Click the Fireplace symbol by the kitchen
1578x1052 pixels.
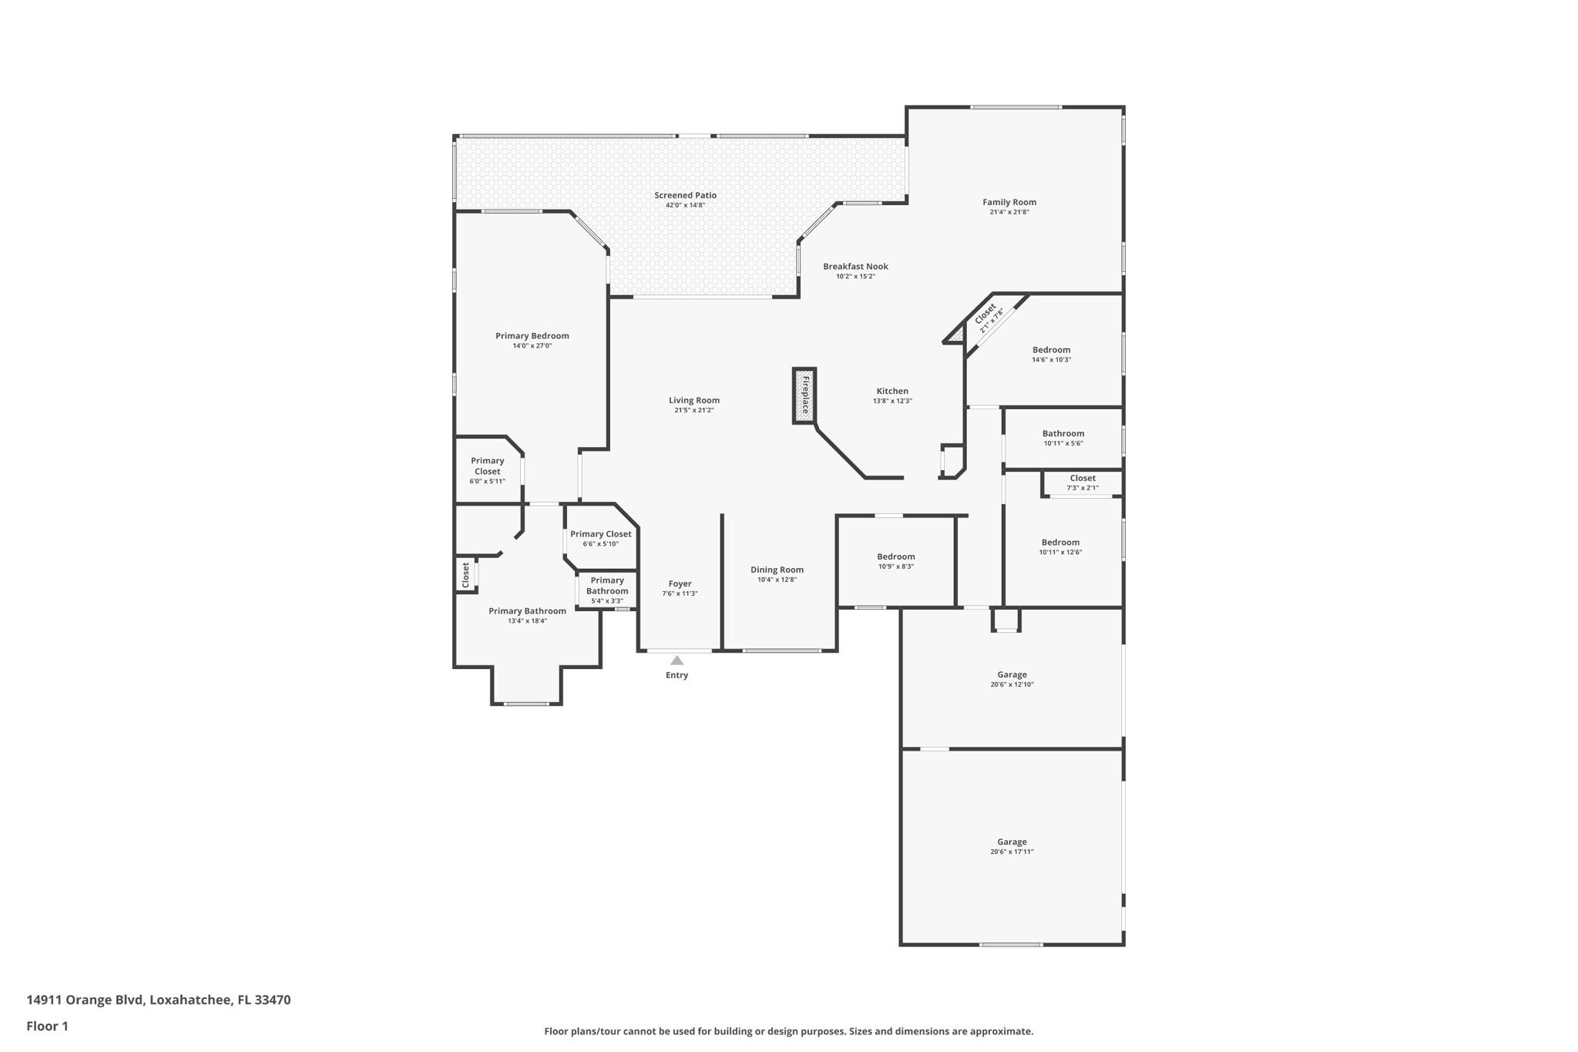coord(804,395)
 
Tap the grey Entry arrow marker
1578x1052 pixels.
coord(677,660)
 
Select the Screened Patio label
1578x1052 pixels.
coord(685,196)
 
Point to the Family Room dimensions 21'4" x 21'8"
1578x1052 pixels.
coord(1009,212)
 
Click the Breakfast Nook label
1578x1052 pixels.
coord(855,267)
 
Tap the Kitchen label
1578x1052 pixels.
coord(892,392)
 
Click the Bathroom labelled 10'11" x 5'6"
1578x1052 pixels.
coord(1063,434)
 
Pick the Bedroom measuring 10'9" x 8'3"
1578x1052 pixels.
coord(895,557)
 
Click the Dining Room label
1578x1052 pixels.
coord(777,570)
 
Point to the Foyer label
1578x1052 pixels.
coord(680,584)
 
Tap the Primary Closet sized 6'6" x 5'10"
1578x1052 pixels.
coord(600,535)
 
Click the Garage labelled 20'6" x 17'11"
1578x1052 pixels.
coord(1012,842)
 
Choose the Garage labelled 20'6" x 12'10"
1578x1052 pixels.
coord(1012,675)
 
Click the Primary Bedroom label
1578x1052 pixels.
coord(532,336)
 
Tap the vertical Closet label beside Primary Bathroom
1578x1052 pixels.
coord(465,575)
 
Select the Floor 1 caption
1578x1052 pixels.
coord(47,1026)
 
